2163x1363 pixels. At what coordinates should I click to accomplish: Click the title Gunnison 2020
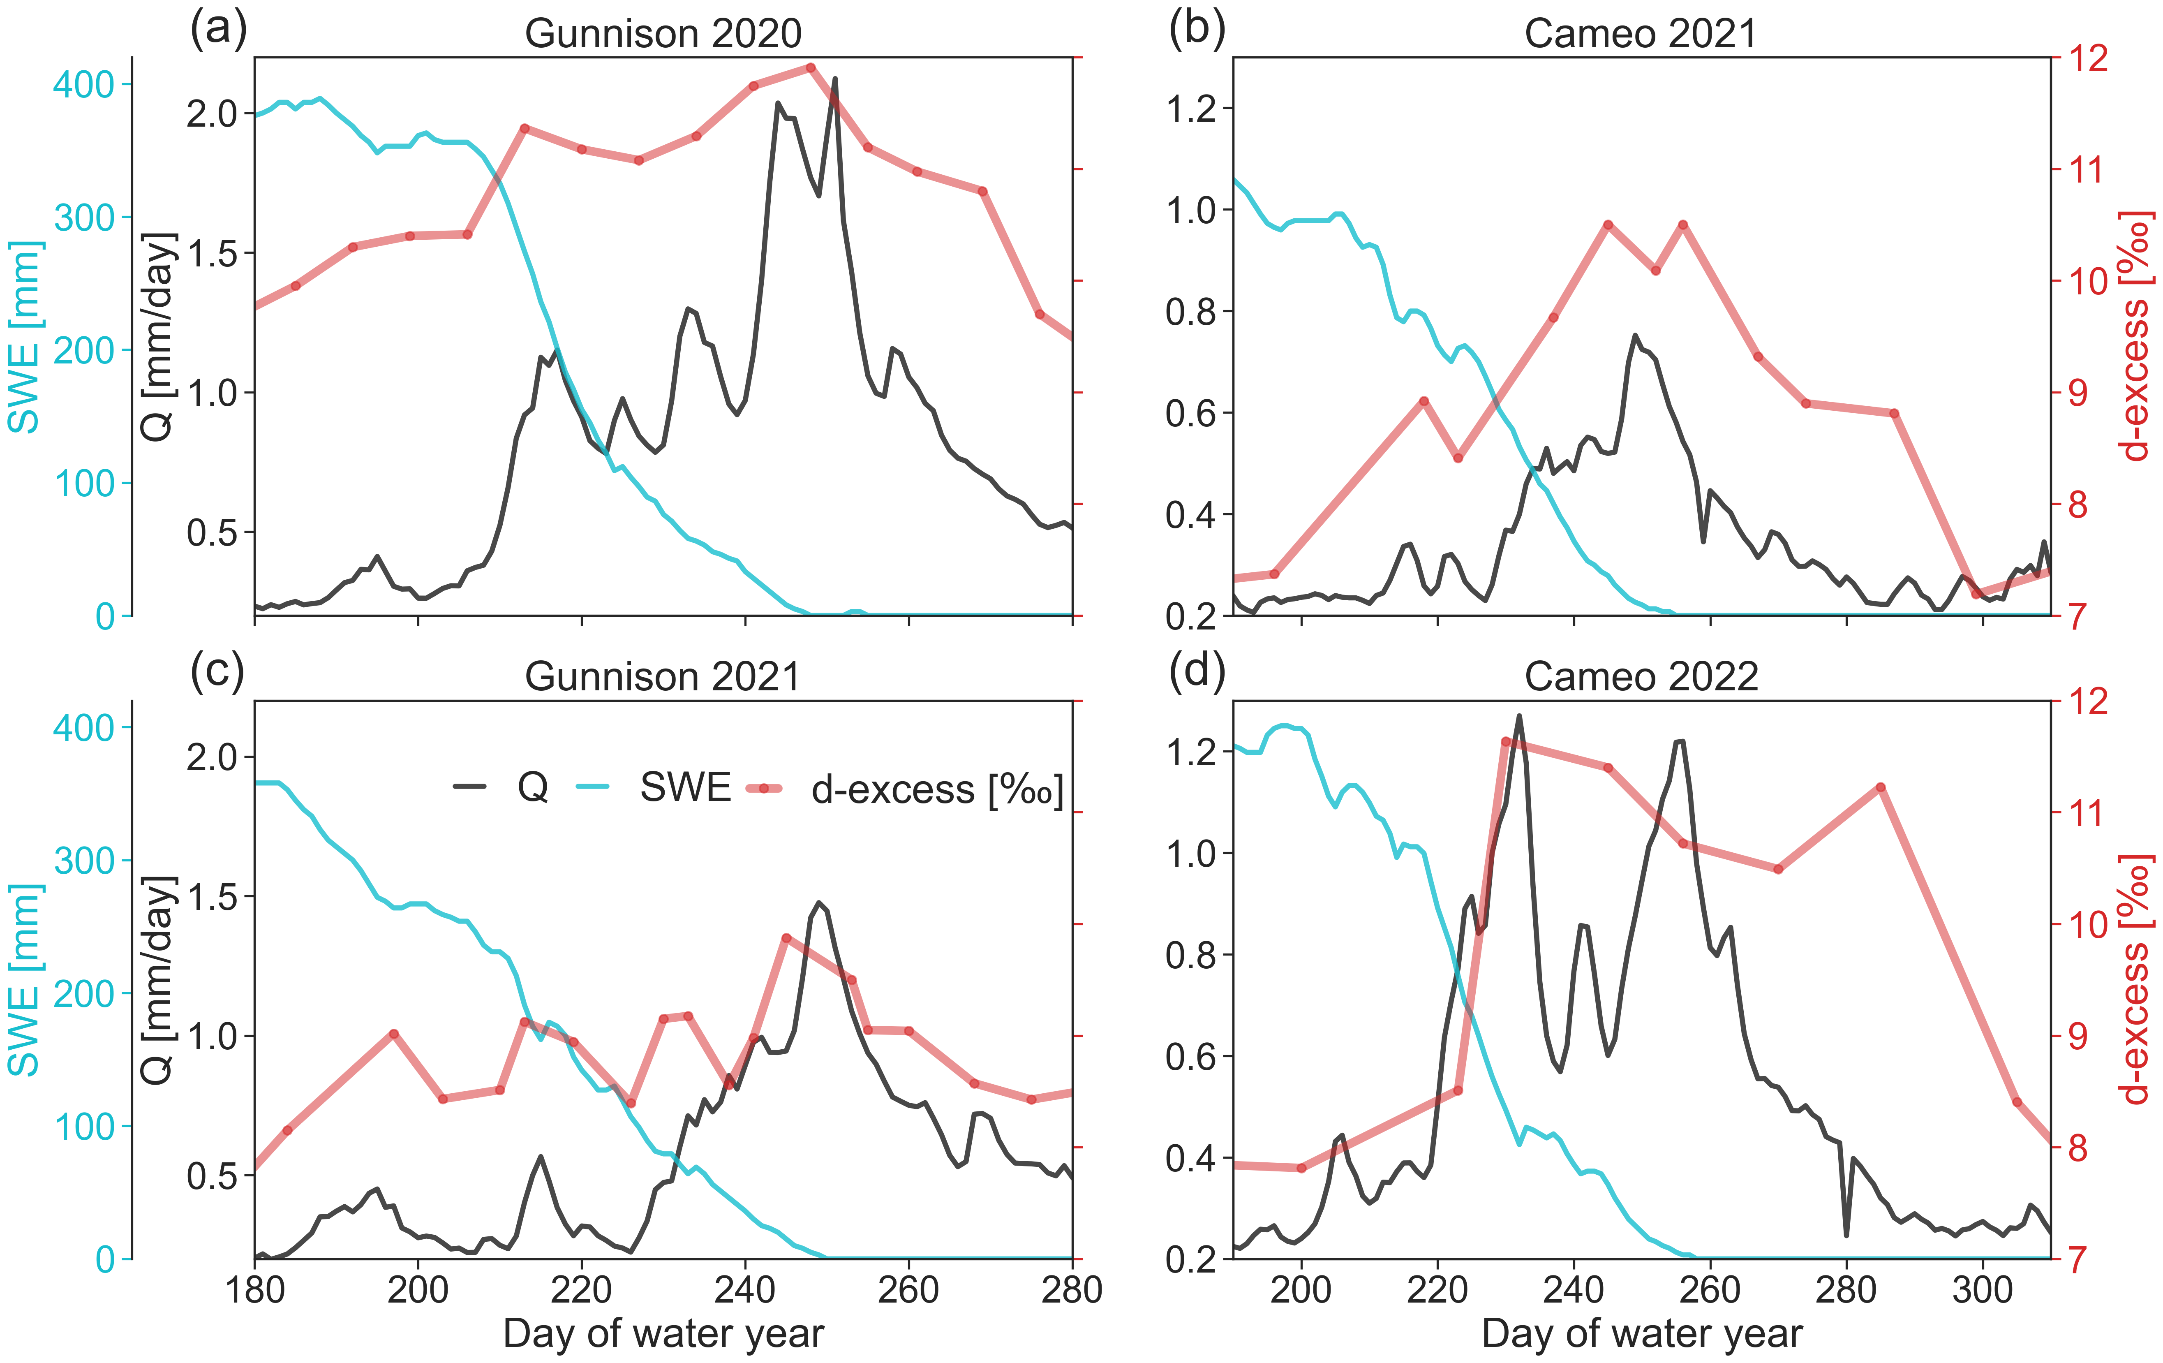click(x=663, y=34)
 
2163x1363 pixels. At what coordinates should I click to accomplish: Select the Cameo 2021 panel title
click(x=1640, y=34)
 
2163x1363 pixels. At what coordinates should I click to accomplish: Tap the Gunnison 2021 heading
click(x=663, y=676)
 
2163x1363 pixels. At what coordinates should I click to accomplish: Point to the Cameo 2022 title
click(x=1640, y=676)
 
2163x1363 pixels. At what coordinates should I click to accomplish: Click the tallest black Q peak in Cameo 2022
click(x=1519, y=716)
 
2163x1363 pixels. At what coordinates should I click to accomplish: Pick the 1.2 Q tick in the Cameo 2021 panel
click(x=1191, y=109)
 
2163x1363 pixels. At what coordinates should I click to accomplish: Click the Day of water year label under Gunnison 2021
click(x=663, y=1333)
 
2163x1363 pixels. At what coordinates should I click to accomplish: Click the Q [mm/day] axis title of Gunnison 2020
click(x=158, y=337)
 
